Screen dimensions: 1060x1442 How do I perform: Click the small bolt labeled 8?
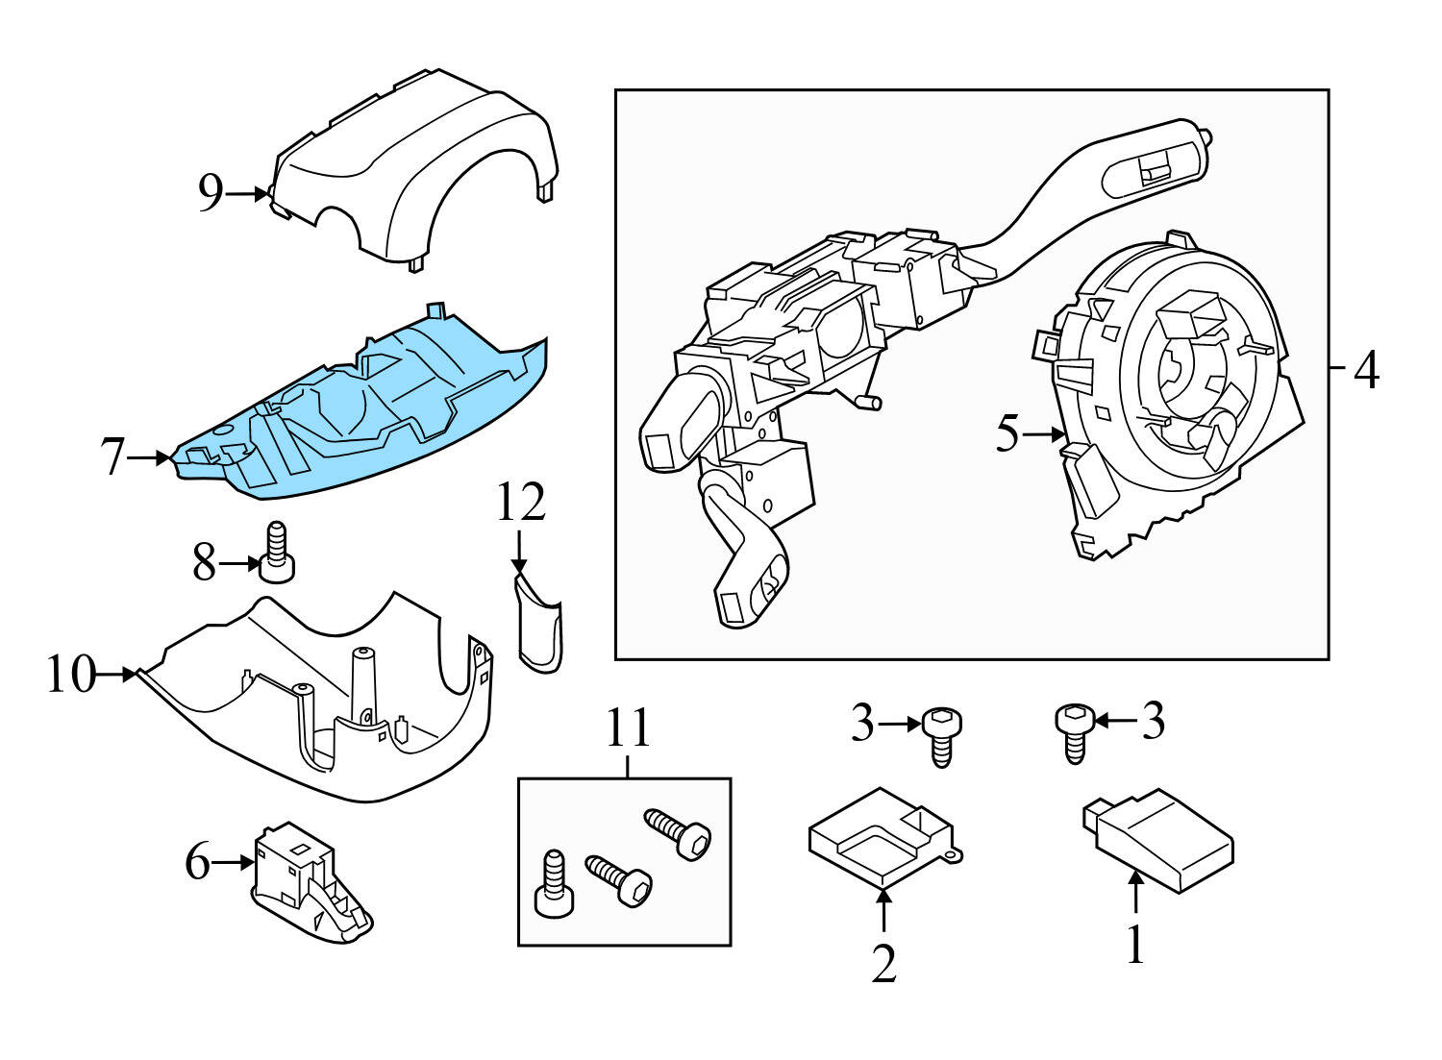pos(277,552)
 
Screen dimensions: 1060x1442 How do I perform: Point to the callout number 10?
pos(72,675)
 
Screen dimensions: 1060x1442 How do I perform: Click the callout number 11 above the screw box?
pos(627,729)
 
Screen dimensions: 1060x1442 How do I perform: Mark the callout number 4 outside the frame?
pos(1366,369)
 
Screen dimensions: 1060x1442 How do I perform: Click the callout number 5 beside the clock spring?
pos(1006,434)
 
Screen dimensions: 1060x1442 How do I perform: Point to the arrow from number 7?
pos(149,458)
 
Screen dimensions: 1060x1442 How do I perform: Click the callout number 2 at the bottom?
pos(883,964)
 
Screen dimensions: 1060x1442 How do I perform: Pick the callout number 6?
pos(197,862)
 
